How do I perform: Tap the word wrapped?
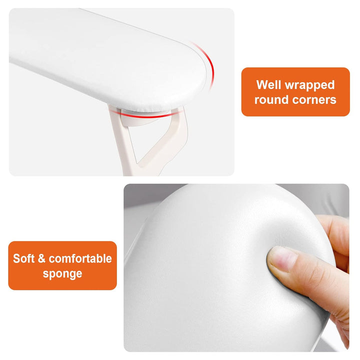click(x=310, y=84)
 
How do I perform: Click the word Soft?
click(x=24, y=258)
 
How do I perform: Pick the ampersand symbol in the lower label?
click(x=41, y=258)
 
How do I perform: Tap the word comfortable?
click(x=80, y=258)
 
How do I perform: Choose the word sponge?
click(x=62, y=273)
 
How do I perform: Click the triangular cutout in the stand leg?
click(x=150, y=142)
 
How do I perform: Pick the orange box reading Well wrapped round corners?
click(x=295, y=92)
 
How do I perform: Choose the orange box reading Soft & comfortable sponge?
click(x=62, y=265)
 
